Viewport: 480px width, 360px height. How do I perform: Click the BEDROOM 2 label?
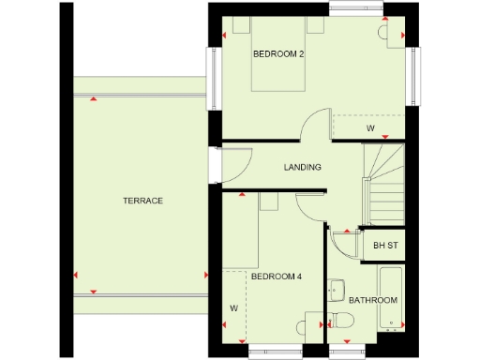coord(278,54)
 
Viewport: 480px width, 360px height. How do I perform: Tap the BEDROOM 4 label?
coord(277,276)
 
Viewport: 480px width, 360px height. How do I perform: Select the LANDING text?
coord(303,168)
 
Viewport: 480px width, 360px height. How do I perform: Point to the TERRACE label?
coord(142,201)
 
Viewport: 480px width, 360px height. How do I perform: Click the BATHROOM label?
coord(373,301)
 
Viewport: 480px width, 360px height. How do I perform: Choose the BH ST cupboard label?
coord(385,247)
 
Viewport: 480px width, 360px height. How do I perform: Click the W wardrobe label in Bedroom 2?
coord(370,127)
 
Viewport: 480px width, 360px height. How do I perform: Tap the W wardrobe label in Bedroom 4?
coord(232,307)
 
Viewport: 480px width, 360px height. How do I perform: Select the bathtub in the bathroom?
coord(390,297)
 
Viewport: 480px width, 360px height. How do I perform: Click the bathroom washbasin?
coord(337,288)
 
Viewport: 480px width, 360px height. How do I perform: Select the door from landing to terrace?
coord(234,168)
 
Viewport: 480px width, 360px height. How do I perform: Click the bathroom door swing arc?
coord(344,247)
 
